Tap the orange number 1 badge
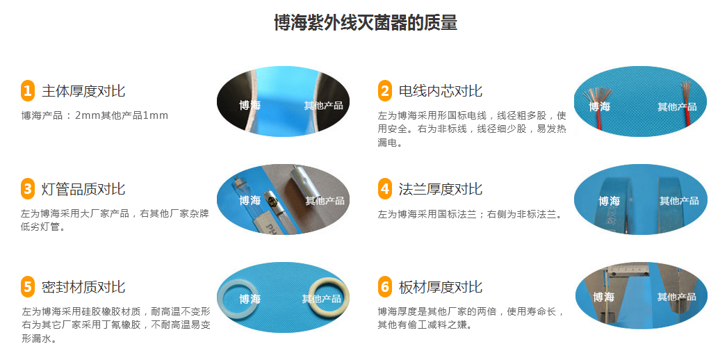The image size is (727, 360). point(27,90)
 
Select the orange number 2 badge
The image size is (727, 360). point(385,90)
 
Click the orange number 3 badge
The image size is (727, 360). point(27,188)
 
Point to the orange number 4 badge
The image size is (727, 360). point(385,188)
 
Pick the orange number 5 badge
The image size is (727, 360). point(27,286)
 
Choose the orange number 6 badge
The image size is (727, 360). point(385,286)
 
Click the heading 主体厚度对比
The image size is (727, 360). point(83,91)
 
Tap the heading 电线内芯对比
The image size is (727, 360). point(440,91)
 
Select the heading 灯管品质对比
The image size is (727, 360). point(83,189)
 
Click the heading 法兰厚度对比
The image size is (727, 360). point(440,189)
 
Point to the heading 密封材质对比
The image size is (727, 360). point(83,287)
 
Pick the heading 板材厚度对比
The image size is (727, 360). point(440,287)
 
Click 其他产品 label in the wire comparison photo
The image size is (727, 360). point(677,107)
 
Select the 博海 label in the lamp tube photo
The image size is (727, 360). point(250,201)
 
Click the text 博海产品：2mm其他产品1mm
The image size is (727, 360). point(95,115)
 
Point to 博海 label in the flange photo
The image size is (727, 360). point(609,201)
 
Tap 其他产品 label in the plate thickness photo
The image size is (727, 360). point(676,297)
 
